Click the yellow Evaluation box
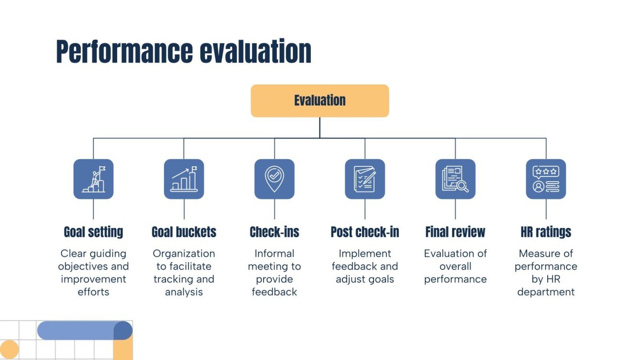tap(320, 100)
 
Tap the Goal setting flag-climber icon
tap(93, 179)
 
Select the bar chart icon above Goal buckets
tap(184, 179)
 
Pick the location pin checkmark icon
tap(274, 179)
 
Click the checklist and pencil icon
tap(364, 179)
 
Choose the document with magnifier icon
tap(455, 179)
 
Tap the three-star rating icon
tap(546, 179)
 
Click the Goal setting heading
tap(93, 232)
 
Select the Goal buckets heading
tap(184, 232)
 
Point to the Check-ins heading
tap(274, 232)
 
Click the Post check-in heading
tap(364, 232)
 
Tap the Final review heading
tap(455, 232)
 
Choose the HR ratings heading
tap(546, 232)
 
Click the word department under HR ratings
tap(546, 292)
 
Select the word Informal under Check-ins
tap(274, 253)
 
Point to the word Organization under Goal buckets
tap(184, 253)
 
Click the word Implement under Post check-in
tap(364, 253)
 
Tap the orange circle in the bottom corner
tap(9, 349)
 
